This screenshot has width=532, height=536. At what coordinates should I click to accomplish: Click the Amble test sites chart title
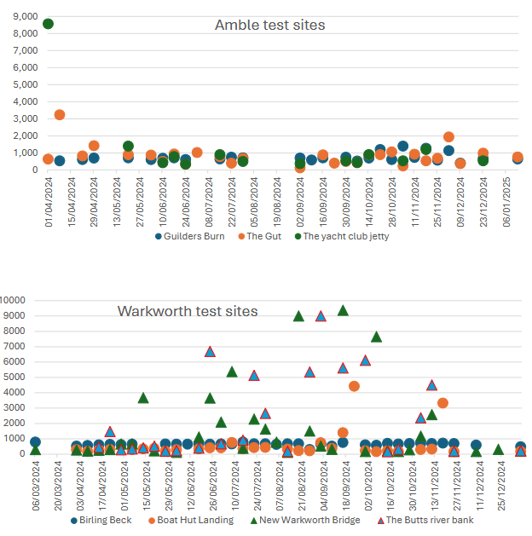(x=269, y=25)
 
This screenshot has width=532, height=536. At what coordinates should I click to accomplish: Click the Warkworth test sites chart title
(x=187, y=311)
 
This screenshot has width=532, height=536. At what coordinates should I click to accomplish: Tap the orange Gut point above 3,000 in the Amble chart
(x=60, y=115)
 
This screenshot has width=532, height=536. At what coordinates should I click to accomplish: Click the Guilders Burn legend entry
(x=189, y=236)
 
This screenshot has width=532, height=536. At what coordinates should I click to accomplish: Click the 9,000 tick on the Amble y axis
(x=26, y=15)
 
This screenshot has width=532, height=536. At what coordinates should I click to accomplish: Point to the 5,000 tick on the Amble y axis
(x=26, y=84)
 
